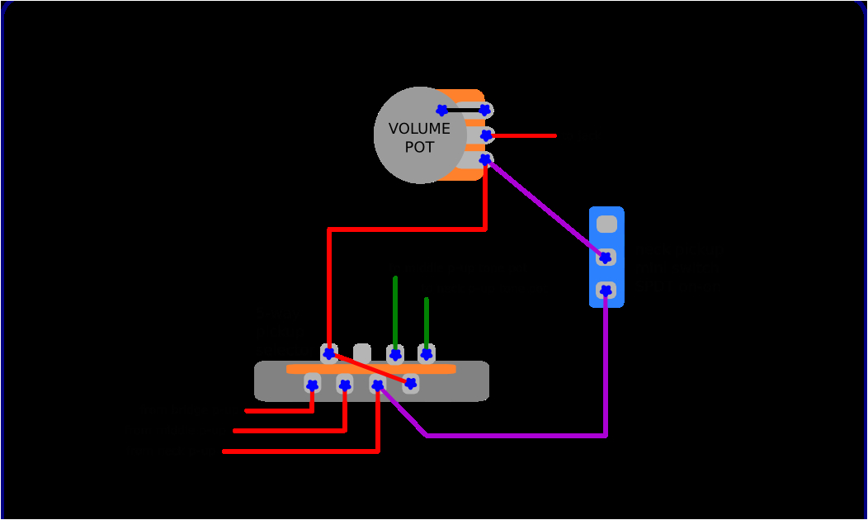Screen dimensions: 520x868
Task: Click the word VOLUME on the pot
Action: coord(419,129)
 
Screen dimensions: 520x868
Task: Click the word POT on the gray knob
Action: coord(419,147)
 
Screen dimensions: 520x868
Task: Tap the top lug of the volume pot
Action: coord(486,110)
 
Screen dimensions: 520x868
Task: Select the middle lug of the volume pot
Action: coord(486,135)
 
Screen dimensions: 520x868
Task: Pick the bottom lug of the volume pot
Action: coord(486,159)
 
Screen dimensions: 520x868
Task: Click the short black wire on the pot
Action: coord(464,110)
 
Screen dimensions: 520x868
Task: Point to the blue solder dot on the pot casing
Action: coord(442,110)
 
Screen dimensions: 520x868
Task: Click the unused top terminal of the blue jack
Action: coord(606,224)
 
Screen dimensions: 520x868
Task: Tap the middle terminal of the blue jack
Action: coord(606,258)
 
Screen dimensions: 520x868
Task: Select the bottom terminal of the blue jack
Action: coord(606,291)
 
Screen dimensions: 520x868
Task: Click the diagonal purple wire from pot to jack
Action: coord(545,209)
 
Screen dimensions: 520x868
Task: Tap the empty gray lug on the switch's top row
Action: coord(362,352)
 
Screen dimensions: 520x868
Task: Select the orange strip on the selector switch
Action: coord(371,369)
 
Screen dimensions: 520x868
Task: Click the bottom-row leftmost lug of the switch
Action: coord(312,384)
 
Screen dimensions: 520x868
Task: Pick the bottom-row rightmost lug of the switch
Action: coord(410,383)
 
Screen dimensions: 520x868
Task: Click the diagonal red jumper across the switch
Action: coord(370,369)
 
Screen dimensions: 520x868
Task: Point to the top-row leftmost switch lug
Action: coord(328,353)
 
